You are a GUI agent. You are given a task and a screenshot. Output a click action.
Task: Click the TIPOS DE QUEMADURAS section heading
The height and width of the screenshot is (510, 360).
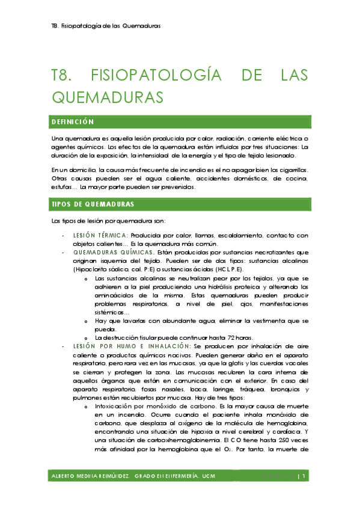(x=88, y=205)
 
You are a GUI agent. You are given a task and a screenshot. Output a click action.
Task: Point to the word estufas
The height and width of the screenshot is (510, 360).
(x=63, y=187)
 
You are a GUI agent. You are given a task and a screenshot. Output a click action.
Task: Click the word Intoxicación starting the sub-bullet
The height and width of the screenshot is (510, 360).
(x=114, y=407)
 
